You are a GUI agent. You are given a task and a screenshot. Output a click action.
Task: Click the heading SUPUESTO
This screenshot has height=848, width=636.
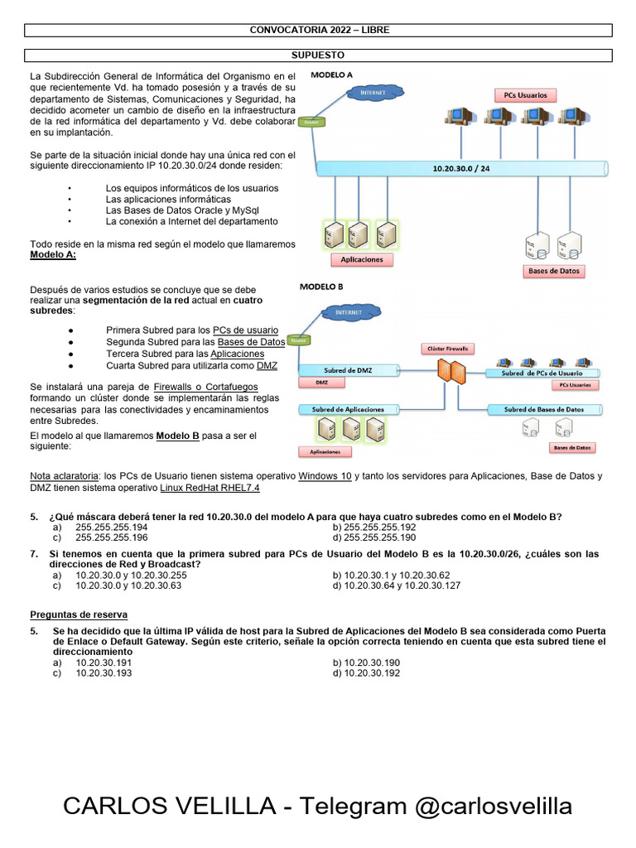318,55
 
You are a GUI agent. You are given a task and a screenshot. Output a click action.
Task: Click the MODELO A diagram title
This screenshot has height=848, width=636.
331,75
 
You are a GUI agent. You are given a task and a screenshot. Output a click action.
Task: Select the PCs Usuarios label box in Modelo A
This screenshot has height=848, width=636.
525,95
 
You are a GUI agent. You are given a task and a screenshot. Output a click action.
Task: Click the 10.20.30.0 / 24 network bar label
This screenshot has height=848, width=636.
461,168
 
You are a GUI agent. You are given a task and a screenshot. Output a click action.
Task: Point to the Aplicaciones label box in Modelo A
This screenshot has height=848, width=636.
362,259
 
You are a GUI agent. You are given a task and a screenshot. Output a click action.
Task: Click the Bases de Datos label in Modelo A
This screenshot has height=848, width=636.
554,271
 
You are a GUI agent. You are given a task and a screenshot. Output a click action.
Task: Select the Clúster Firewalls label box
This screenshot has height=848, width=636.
446,349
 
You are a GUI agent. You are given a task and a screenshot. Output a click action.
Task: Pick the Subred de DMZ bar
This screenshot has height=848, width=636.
348,369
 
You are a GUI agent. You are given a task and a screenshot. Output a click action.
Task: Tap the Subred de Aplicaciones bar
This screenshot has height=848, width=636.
348,409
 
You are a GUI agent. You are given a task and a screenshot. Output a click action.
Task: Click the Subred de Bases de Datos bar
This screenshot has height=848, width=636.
543,409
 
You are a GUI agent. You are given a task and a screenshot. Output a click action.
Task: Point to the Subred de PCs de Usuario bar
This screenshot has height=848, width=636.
547,373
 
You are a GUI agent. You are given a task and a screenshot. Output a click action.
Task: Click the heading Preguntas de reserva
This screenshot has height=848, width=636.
79,614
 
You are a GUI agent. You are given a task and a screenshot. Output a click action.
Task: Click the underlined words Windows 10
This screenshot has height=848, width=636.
325,477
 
